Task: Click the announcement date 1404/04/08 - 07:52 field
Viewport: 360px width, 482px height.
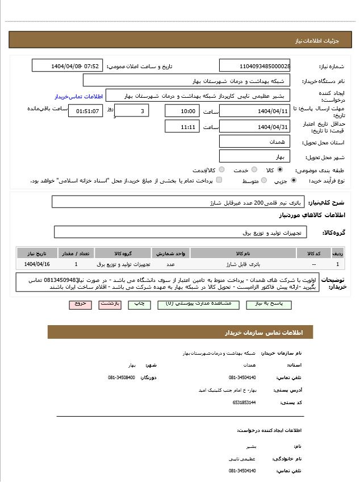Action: (68, 66)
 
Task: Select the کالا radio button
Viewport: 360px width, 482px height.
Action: (281, 169)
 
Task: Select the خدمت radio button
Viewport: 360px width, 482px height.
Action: (254, 169)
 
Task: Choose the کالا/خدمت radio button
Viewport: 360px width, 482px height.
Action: (221, 169)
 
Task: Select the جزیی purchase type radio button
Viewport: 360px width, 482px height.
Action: (293, 180)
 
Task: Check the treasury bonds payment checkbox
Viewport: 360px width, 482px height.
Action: (219, 180)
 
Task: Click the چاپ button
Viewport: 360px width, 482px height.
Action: (139, 304)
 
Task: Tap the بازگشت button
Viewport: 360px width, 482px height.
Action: (110, 304)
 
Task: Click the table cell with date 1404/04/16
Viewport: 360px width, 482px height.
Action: (37, 264)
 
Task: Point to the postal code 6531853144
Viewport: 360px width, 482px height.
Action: (244, 402)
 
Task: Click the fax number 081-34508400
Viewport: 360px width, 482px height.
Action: (122, 377)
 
